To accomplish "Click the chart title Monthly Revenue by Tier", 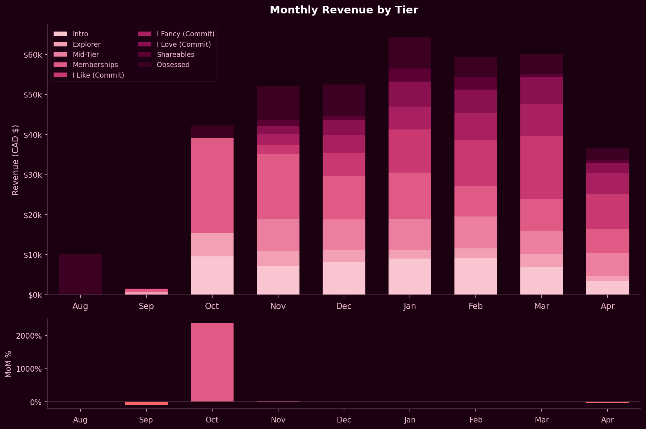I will click(x=344, y=10).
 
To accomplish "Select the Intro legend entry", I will click(x=80, y=34).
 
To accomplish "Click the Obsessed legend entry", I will click(x=173, y=65).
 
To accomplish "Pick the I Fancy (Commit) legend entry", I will click(x=185, y=34).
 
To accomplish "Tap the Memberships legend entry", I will click(x=95, y=65).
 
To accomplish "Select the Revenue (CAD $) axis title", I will click(x=15, y=160).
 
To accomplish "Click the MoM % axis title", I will click(x=8, y=364).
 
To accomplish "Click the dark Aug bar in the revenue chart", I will click(x=80, y=275).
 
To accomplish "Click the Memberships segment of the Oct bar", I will click(x=212, y=185).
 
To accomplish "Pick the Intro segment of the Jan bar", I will click(x=410, y=276).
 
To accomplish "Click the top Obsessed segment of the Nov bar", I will click(x=278, y=103).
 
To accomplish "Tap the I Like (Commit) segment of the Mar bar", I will click(x=542, y=167).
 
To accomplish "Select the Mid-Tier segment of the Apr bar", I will click(x=608, y=264).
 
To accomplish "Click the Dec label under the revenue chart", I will click(x=344, y=306).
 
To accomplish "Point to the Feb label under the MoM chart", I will click(x=476, y=420).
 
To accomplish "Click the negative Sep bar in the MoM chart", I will click(x=146, y=403).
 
